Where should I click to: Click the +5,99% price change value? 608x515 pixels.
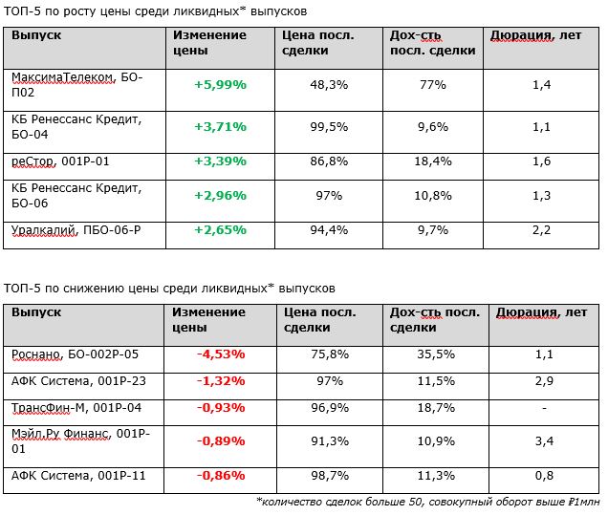coord(220,84)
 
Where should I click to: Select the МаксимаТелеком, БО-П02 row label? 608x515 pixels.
coord(77,85)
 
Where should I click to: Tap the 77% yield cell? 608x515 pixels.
coord(433,84)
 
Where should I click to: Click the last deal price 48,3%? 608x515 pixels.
coord(329,84)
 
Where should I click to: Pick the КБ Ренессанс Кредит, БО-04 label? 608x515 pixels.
coord(76,127)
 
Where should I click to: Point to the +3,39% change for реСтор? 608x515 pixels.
coord(220,161)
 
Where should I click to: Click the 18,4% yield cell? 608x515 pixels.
coord(433,161)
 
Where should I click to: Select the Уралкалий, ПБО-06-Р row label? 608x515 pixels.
coord(76,230)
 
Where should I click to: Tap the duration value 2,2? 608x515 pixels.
coord(541,230)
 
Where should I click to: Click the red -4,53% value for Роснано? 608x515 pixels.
coord(221,354)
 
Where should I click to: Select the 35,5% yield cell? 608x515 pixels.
coord(436,354)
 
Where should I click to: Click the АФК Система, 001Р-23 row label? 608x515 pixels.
coord(78,381)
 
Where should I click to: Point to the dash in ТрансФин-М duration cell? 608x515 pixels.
coord(544,408)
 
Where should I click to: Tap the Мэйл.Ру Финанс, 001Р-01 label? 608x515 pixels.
coord(80,441)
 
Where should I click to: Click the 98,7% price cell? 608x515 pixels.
coord(330,475)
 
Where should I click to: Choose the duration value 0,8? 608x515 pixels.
coord(544,475)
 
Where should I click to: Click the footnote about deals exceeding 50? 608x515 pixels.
coord(428,502)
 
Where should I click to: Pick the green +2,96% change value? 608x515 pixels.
coord(220,195)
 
